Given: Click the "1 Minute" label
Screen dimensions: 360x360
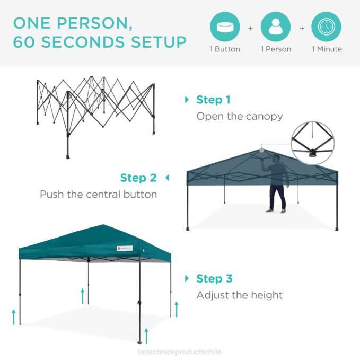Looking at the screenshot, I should (327, 49).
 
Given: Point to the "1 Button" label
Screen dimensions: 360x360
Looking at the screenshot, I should (225, 49).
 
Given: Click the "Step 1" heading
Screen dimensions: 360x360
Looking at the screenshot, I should (213, 100).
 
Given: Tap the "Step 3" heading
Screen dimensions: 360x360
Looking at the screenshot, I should (214, 278).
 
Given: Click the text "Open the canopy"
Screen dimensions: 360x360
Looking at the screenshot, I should (240, 116).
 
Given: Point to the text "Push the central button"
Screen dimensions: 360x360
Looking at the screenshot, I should (99, 194).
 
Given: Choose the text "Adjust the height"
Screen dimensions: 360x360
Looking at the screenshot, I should (240, 295).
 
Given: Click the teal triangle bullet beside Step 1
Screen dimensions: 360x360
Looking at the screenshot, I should (187, 100).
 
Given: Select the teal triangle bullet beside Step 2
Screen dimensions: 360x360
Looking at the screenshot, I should (167, 178).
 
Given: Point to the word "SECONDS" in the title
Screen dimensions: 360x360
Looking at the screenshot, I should (95, 42).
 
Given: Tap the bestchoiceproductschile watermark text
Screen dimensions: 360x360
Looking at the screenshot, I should (179, 352).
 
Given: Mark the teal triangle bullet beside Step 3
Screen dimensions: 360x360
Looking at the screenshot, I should (187, 278).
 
